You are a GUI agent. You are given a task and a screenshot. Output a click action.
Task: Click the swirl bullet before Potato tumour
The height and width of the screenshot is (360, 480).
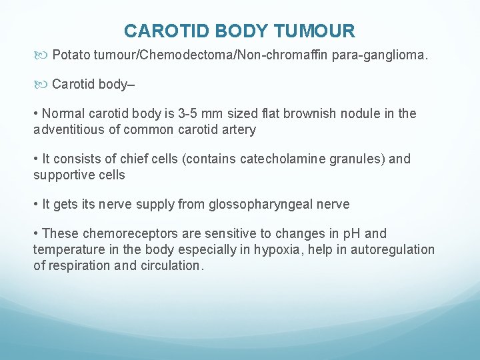42,53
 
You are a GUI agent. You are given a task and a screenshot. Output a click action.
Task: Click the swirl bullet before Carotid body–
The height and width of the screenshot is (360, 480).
42,84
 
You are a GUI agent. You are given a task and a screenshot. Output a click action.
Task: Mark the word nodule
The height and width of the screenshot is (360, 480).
357,114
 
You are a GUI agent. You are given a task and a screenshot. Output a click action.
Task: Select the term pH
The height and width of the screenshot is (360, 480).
351,234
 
